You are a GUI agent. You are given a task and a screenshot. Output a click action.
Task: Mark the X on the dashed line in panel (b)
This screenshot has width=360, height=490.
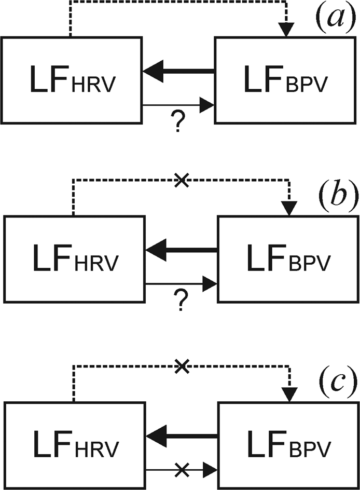[x=181, y=181]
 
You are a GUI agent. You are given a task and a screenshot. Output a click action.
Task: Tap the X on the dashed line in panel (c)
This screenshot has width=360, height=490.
[x=181, y=366]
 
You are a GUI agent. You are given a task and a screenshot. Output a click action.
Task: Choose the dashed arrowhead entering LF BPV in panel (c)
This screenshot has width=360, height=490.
[x=288, y=394]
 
